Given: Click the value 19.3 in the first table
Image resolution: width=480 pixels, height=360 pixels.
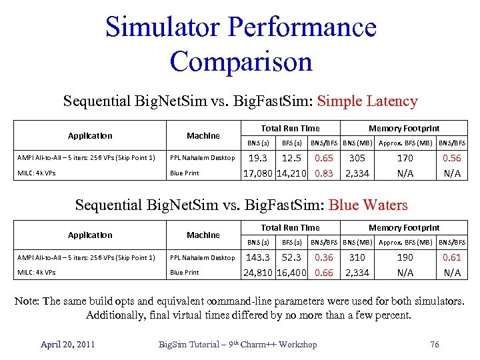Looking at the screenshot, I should [x=257, y=158].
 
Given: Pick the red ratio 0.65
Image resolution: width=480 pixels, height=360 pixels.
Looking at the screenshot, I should [x=324, y=158].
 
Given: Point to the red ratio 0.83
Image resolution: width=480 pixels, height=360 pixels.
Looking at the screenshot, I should [x=324, y=173].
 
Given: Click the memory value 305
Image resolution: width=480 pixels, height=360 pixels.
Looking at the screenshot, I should [x=357, y=158].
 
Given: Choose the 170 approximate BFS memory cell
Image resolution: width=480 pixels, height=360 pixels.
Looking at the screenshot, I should [x=405, y=158].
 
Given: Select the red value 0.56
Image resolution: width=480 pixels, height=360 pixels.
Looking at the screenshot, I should [x=452, y=158].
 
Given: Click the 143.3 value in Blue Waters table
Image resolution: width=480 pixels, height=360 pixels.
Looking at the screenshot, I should [x=258, y=257].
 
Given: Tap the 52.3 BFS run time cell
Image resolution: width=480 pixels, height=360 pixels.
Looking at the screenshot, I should [x=291, y=257].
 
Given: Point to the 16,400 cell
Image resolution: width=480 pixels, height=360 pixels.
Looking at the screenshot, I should [x=291, y=273].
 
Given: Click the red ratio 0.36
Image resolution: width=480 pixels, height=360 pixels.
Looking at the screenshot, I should [x=324, y=257].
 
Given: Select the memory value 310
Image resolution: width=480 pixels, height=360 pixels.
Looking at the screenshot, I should [x=357, y=257].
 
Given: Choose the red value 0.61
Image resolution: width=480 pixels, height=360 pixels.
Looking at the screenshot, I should [x=452, y=257].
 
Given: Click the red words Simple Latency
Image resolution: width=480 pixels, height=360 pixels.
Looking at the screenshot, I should [x=367, y=102].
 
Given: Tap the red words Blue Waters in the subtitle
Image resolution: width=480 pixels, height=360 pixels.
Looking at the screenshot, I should [x=368, y=205].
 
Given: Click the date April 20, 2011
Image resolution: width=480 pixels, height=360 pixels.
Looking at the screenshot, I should [x=67, y=344].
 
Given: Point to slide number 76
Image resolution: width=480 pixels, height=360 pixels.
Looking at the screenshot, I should [x=435, y=344].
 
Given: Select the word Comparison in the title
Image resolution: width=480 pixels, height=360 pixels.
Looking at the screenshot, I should [x=241, y=61].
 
